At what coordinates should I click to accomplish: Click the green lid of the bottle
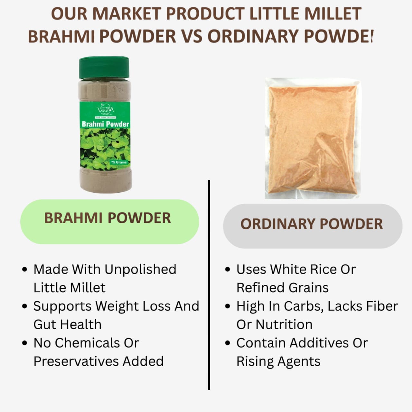coord(104,68)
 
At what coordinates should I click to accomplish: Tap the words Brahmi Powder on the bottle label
coord(105,124)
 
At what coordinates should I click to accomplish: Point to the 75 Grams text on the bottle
coord(119,162)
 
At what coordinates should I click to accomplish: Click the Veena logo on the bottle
coord(105,108)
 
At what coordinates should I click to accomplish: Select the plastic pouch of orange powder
coord(313,138)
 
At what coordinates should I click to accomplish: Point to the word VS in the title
coord(192,36)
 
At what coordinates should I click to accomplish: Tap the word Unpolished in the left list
coord(140,269)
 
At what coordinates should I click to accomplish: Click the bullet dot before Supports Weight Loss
coord(25,306)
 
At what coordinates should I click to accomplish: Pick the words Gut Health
coord(68,324)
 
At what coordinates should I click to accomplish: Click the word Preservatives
coord(76,361)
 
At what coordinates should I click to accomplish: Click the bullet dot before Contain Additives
coord(228,343)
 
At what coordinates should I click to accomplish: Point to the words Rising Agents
coord(278,361)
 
